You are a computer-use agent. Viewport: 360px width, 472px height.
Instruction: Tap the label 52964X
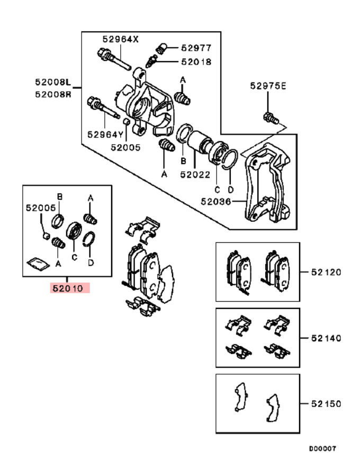[x=120, y=39]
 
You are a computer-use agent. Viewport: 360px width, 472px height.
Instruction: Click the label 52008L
[x=53, y=83]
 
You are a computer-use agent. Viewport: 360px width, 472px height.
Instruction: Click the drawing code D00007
[x=323, y=448]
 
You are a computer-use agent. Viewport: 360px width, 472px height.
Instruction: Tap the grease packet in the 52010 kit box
[x=36, y=263]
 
